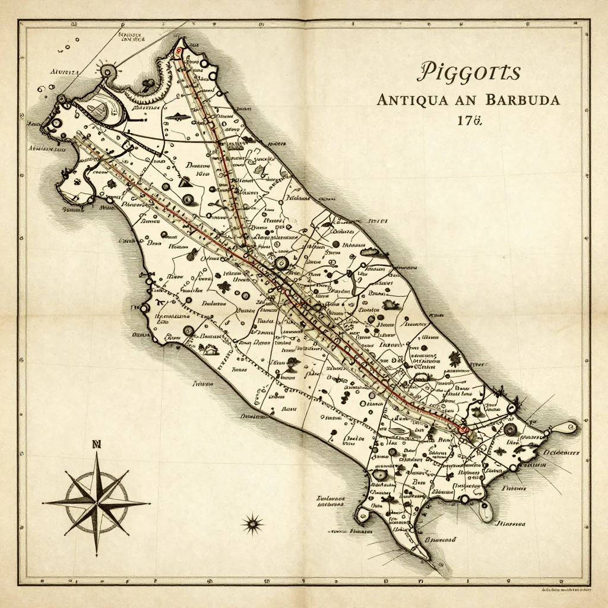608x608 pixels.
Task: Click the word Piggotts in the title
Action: [x=469, y=72]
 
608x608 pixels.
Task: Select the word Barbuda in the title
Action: [x=522, y=100]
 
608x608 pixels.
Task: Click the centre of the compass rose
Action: [x=97, y=502]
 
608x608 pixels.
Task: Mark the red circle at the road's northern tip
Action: [x=179, y=52]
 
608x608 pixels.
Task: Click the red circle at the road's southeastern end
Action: [x=464, y=427]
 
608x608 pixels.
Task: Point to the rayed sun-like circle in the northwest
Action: [x=107, y=72]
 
